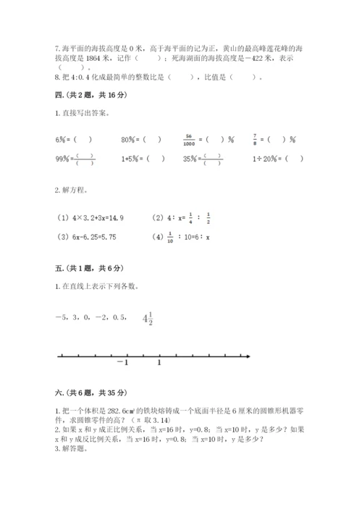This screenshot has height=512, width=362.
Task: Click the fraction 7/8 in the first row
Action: pos(254,140)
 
